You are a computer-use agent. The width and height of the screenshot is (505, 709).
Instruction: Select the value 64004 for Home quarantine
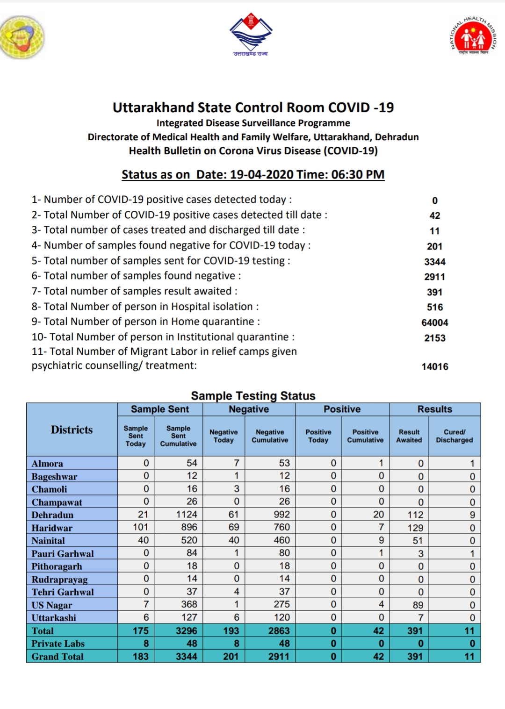[435, 322]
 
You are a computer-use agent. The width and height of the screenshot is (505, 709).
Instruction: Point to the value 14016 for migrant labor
[435, 366]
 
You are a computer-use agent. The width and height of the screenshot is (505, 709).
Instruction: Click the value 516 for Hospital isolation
[435, 307]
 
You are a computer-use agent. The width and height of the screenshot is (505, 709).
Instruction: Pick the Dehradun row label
[52, 515]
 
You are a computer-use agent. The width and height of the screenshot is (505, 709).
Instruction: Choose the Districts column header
[72, 430]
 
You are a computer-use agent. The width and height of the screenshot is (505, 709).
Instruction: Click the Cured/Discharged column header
[454, 436]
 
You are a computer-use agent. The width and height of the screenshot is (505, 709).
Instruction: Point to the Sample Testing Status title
[253, 396]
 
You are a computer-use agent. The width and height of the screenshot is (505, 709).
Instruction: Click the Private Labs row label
[58, 644]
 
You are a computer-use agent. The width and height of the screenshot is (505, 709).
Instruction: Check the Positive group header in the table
[342, 409]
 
